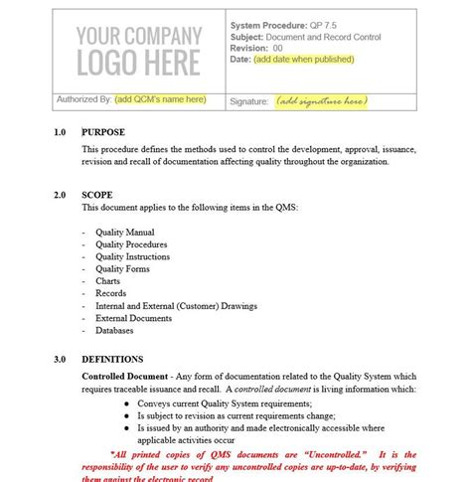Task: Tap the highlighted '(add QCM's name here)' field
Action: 160,99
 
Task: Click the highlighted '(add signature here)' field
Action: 321,100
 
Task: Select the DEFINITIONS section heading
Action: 112,359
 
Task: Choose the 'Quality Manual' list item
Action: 124,232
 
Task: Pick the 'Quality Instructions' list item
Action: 132,256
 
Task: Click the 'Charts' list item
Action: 107,281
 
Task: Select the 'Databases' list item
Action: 115,331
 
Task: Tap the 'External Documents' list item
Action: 133,318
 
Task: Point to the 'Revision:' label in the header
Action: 249,47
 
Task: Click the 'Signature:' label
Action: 249,100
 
